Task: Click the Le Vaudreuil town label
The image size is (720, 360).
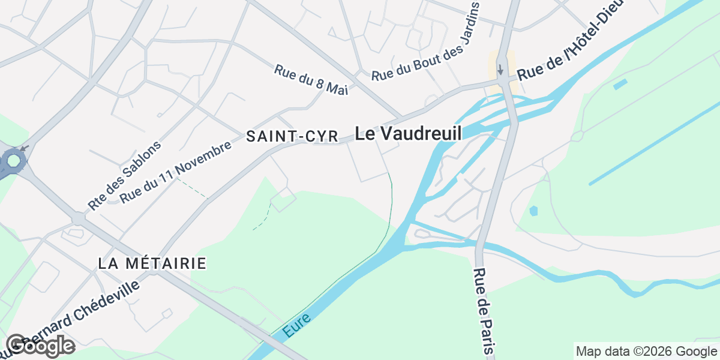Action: click(408, 133)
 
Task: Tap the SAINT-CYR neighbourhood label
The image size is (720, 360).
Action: click(293, 137)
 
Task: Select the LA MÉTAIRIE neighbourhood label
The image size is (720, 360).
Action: click(152, 263)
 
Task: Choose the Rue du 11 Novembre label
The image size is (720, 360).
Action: click(176, 173)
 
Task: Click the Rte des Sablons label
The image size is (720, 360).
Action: click(125, 175)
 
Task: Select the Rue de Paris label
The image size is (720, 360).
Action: click(484, 310)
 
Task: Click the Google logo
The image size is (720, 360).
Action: click(40, 346)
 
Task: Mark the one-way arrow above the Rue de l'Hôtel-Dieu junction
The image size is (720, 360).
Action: click(500, 69)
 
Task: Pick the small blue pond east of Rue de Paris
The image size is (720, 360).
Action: click(534, 211)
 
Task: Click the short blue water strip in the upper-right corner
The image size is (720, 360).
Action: click(620, 84)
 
